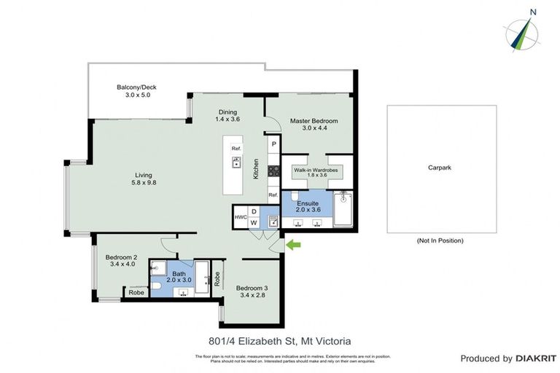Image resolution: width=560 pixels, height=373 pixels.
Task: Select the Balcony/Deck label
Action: (136, 87)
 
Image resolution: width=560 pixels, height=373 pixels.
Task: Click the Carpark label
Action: (440, 168)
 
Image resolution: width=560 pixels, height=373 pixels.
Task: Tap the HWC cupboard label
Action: (240, 217)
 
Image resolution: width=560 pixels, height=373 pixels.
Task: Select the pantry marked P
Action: (273, 144)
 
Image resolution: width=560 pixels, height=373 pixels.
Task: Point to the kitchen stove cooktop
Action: (273, 172)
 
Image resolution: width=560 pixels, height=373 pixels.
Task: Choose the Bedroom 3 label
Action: (254, 288)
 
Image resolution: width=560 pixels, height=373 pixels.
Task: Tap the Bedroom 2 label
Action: (121, 258)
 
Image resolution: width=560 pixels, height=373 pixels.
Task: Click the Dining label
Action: (227, 112)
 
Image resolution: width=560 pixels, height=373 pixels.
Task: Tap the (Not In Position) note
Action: (440, 240)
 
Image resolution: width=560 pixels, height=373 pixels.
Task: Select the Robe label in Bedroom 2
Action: (136, 293)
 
